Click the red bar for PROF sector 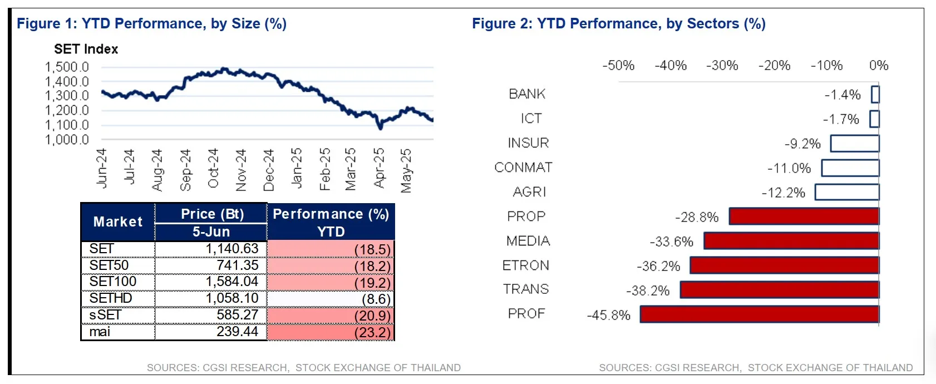(759, 314)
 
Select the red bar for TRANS (779, 289)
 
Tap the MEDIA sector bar (791, 241)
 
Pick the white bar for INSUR (855, 144)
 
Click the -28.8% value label (697, 217)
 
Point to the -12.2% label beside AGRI (783, 193)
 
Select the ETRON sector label (525, 265)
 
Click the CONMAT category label (523, 168)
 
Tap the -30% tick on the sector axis (722, 66)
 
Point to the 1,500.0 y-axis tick (67, 67)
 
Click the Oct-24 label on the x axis (213, 168)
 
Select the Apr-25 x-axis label (379, 168)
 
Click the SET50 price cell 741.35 (238, 265)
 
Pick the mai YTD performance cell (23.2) (372, 332)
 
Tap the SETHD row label (111, 298)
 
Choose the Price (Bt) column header (212, 214)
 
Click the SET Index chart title (86, 49)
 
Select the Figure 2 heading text (618, 23)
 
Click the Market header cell (118, 221)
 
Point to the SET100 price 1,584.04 (231, 282)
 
